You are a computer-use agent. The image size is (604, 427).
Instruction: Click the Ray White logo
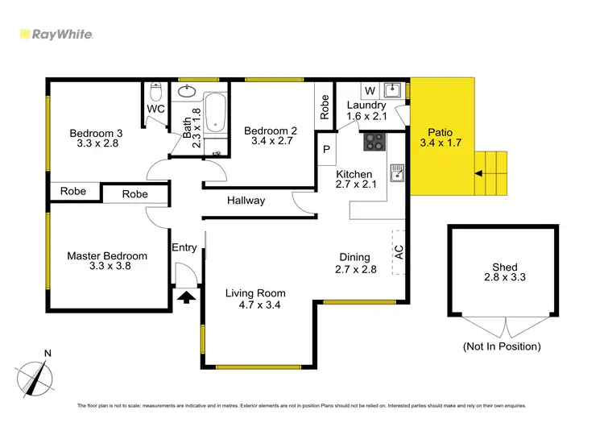point(56,34)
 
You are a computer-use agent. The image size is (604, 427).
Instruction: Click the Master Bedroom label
point(107,256)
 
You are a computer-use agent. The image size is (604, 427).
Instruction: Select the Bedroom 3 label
point(96,134)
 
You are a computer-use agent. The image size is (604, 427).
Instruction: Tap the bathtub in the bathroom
point(216,114)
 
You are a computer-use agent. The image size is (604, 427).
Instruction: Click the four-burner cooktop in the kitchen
point(375,142)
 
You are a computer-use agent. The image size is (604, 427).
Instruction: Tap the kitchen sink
point(395,172)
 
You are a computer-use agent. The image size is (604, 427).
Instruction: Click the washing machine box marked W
point(370,89)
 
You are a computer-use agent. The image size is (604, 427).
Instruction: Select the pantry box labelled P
point(327,150)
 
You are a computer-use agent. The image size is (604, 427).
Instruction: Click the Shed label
point(504,267)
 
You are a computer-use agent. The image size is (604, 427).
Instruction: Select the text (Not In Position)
point(501,346)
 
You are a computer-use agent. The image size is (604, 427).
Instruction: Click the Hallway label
point(246,201)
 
